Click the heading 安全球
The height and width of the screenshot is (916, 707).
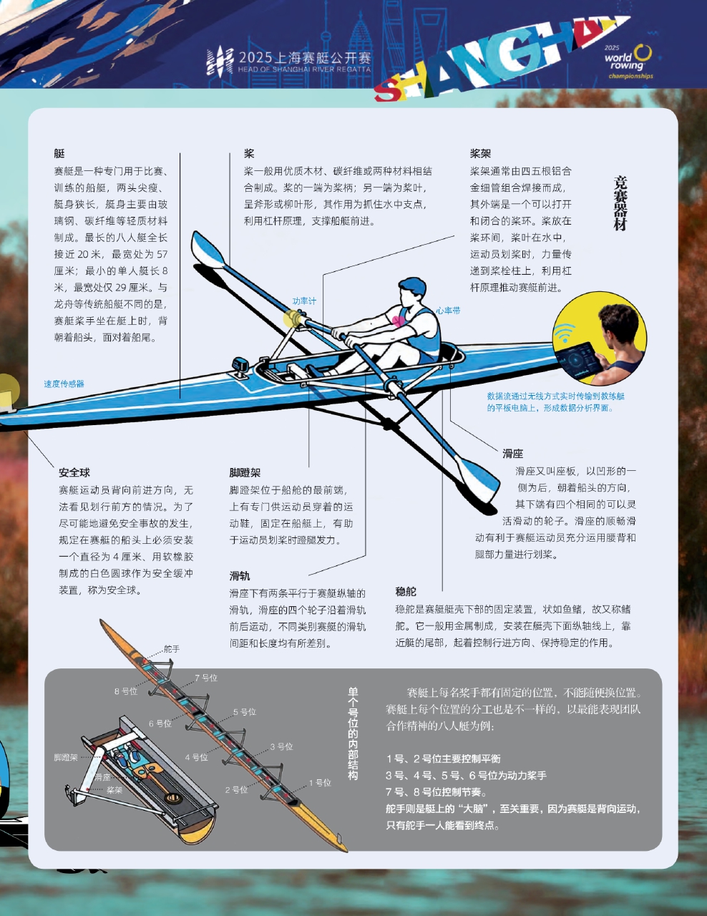point(74,472)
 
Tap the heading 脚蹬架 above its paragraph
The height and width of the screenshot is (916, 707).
point(245,472)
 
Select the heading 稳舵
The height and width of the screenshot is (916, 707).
point(405,591)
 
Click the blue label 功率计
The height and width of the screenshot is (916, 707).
point(304,301)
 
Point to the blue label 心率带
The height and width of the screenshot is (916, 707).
point(448,311)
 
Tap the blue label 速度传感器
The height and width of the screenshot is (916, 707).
point(64,384)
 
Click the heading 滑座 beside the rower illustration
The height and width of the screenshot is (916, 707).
point(512,454)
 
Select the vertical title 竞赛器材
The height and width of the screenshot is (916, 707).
point(620,203)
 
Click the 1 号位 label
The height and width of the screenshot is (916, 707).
point(320,783)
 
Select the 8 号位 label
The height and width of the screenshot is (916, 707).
point(126,691)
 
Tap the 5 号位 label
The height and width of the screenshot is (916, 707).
point(245,712)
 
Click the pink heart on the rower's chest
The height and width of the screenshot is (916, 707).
point(398,321)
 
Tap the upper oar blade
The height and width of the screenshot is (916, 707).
point(207,249)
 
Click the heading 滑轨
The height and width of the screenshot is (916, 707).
point(240,576)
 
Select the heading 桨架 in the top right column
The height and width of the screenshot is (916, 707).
point(480,153)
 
